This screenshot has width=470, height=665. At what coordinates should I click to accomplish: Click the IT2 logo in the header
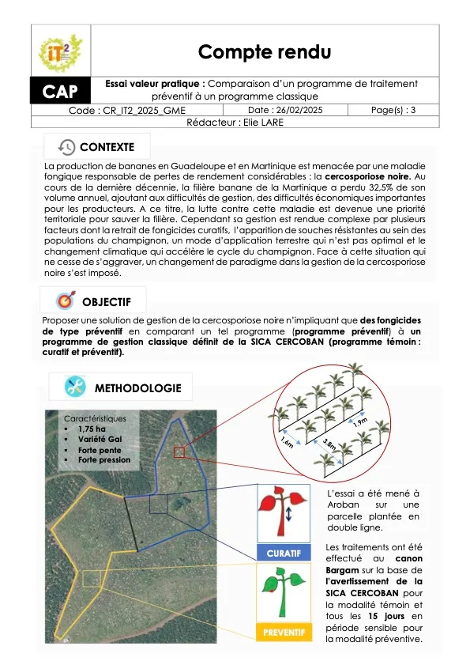point(60,52)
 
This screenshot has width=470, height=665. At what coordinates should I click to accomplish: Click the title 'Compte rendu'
point(264,51)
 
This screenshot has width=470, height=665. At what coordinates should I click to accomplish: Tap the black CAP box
point(60,92)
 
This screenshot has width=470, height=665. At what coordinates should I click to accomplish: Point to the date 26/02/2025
point(284,111)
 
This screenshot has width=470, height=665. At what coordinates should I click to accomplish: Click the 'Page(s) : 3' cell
point(393,111)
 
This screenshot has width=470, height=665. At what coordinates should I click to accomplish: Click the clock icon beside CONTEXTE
point(67,147)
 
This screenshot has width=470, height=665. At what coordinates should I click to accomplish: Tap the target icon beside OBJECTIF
point(66,301)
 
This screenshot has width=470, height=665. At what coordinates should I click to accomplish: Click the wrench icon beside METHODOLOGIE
point(76,387)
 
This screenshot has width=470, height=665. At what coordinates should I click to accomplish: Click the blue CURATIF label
point(284,552)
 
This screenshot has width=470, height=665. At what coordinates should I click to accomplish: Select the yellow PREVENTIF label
point(284,633)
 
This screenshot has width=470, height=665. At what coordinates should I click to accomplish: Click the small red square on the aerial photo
point(179,452)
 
